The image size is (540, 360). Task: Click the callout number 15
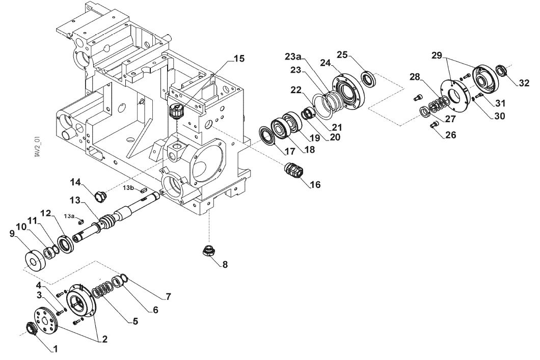238,59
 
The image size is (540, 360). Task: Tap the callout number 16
315,185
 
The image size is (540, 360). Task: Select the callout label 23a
293,57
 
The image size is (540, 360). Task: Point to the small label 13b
128,188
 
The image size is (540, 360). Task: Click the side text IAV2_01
38,147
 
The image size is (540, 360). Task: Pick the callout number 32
524,83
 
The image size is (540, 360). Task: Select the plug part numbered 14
100,196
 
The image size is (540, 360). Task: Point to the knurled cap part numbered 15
177,111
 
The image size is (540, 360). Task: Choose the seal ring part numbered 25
368,78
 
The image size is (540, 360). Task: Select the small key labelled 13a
80,221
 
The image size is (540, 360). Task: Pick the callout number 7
168,296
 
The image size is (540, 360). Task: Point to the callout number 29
437,56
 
